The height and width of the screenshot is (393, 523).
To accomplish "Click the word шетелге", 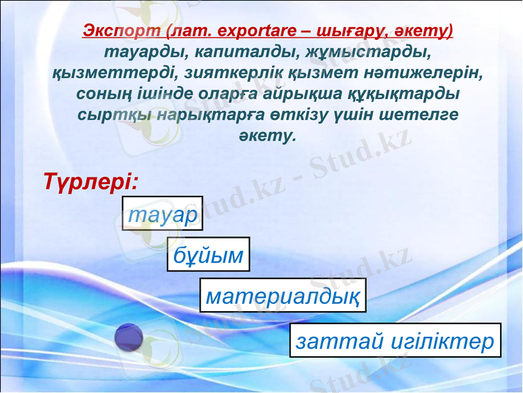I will point(413,115).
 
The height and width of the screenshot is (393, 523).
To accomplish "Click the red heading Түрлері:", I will point(90,180).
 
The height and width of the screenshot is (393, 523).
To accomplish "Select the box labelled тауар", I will point(162,214).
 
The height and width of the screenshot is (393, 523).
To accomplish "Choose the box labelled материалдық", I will point(282,296).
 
